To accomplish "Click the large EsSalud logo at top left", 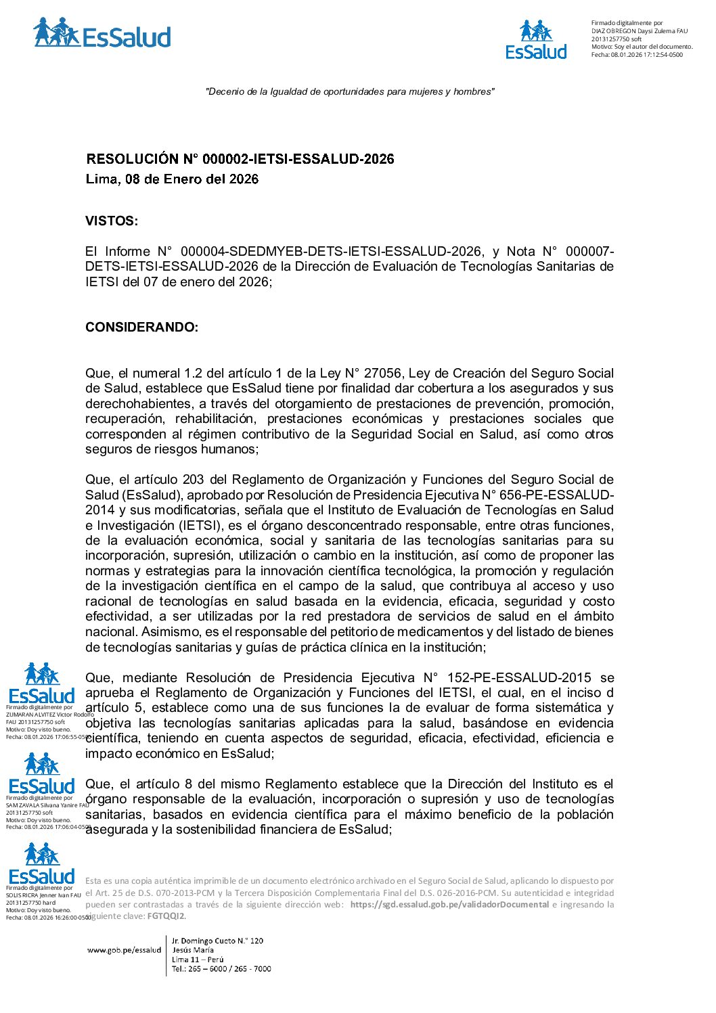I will [x=102, y=34].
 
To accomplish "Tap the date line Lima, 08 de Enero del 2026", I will [x=172, y=179].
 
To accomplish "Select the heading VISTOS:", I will [x=112, y=221].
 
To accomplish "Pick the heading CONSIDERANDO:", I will [x=141, y=328].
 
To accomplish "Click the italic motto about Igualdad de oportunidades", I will [x=350, y=92].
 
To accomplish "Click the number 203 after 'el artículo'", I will [x=193, y=480].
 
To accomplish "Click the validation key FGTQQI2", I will [x=166, y=916].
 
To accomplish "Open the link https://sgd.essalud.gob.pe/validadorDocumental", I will [x=449, y=905].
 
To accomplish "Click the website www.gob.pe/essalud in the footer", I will [x=124, y=950].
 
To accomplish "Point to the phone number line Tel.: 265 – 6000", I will [x=221, y=969].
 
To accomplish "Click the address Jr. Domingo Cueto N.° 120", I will [x=217, y=941].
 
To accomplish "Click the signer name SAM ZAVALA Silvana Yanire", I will [x=47, y=805].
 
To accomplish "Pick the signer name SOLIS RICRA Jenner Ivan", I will [x=43, y=895].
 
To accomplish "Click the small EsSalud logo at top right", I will [x=536, y=40].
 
